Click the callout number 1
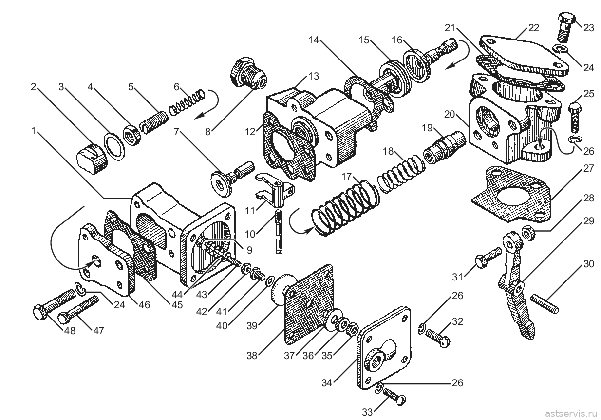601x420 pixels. [x=33, y=131]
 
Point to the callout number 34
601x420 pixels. [x=327, y=382]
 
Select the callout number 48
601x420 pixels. [x=70, y=331]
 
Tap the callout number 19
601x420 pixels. [x=427, y=128]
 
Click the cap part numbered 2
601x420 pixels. [x=92, y=159]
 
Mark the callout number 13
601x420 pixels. [x=313, y=76]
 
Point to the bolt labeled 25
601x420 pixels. [x=574, y=118]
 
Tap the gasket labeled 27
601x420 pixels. [x=513, y=194]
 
